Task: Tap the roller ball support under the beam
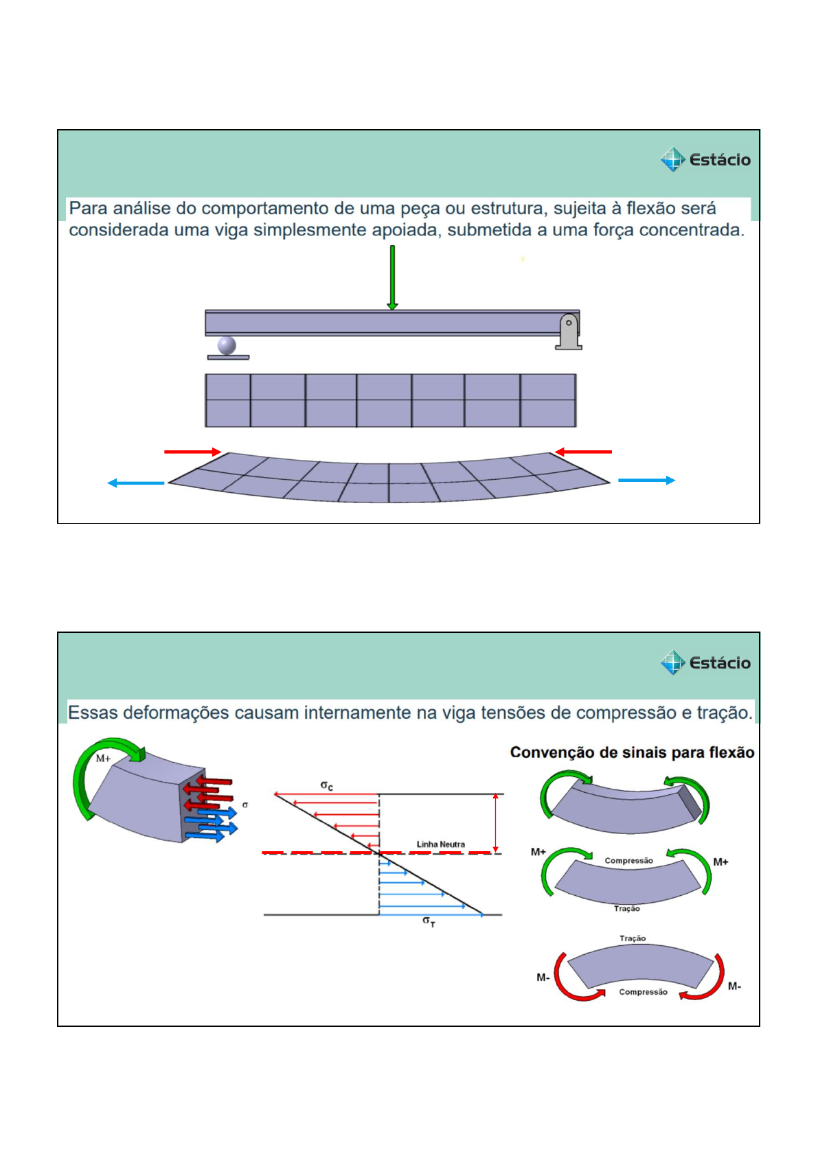coord(227,345)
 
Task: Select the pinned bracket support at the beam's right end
coord(569,332)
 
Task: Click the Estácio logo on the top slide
coord(705,160)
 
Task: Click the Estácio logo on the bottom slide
coord(705,663)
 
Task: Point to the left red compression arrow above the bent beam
coord(192,452)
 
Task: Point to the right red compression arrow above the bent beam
coord(583,452)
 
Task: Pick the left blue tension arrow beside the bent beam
coord(136,483)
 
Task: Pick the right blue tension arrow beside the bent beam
coord(646,481)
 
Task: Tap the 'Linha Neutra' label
coord(440,844)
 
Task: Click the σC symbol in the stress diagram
coord(327,785)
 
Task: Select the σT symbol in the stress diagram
coord(429,921)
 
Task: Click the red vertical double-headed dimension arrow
coord(496,823)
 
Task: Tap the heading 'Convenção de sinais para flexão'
coord(632,752)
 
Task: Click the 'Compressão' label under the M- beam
coord(643,992)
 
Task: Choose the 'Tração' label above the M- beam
coord(633,938)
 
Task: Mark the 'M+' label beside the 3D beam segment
coord(103,759)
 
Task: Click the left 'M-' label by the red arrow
coord(543,978)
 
